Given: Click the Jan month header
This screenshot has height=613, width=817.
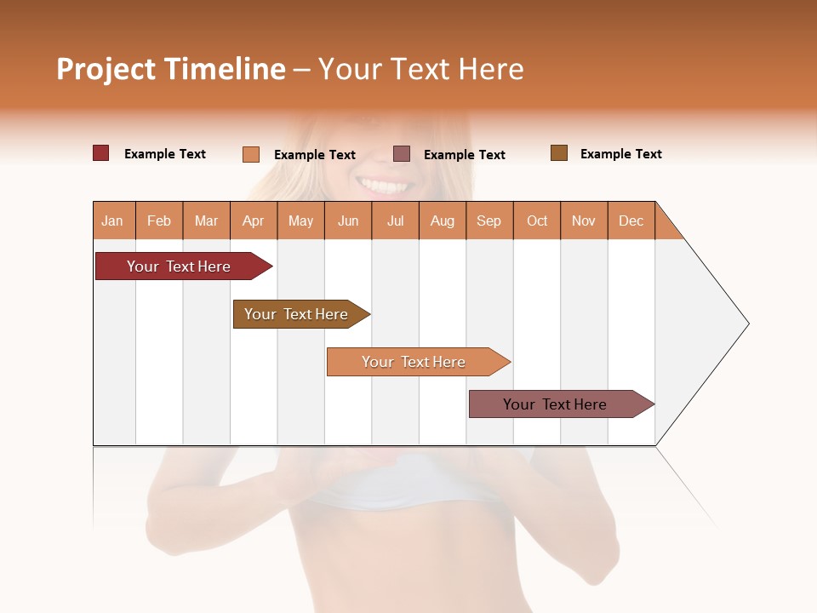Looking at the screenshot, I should pyautogui.click(x=112, y=221).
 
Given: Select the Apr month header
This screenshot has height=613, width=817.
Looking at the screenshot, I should pyautogui.click(x=253, y=221).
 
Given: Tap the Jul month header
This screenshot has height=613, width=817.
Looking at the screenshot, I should pyautogui.click(x=395, y=221).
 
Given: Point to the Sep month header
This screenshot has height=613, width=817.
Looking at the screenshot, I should pyautogui.click(x=488, y=221).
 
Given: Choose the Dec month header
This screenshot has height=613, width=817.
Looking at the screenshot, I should pyautogui.click(x=631, y=221).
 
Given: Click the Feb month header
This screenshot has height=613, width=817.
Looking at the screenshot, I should pyautogui.click(x=159, y=221).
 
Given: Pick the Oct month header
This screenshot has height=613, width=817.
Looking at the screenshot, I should pyautogui.click(x=537, y=221).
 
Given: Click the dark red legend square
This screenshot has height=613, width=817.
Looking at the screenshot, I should pyautogui.click(x=100, y=153).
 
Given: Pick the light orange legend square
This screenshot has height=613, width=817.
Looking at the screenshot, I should pyautogui.click(x=250, y=154).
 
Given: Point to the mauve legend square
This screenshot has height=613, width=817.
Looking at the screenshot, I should pyautogui.click(x=402, y=154).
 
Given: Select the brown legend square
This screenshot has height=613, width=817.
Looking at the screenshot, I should pyautogui.click(x=558, y=153).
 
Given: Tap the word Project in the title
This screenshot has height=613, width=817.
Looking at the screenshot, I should pyautogui.click(x=106, y=69).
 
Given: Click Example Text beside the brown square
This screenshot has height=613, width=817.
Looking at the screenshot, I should pyautogui.click(x=620, y=154).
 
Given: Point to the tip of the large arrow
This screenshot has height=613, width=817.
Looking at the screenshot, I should pyautogui.click(x=747, y=324).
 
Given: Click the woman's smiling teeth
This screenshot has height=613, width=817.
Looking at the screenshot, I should pyautogui.click(x=381, y=184).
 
